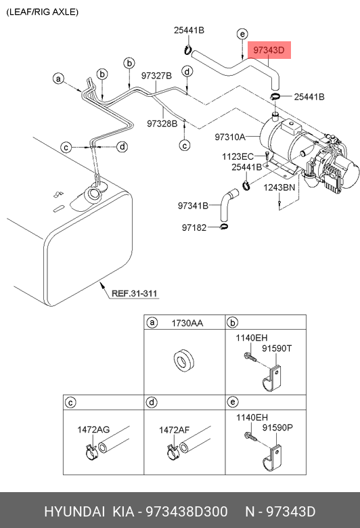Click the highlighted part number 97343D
click(269, 50)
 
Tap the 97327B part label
click(156, 76)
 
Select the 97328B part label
click(162, 124)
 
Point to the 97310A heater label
click(230, 137)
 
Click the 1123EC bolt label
click(238, 156)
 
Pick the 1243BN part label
click(279, 188)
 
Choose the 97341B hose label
click(193, 205)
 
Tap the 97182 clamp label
click(194, 227)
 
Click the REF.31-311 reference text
click(135, 293)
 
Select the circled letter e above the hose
click(242, 34)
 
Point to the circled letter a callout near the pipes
click(59, 79)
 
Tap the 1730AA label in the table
click(187, 324)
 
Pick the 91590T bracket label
click(277, 348)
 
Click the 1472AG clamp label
click(93, 430)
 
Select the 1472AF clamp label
click(174, 430)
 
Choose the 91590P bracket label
click(277, 427)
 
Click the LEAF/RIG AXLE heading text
click(43, 12)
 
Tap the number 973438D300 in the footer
click(187, 512)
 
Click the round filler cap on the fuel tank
click(93, 194)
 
